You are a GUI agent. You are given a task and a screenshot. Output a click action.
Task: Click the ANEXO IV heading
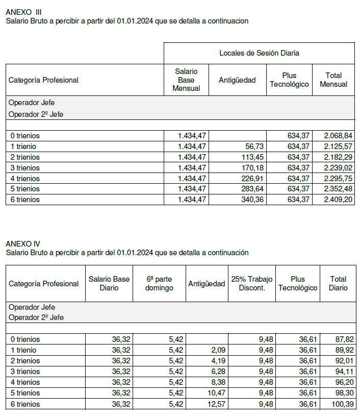click(23, 244)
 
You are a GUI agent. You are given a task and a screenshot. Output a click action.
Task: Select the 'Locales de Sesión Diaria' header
click(259, 53)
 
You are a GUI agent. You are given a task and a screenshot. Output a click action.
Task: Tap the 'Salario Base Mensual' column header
click(186, 80)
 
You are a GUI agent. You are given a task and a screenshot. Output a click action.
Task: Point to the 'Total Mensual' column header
click(333, 80)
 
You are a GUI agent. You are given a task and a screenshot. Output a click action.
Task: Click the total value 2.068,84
click(338, 136)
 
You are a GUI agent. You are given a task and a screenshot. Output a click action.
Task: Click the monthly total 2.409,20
click(338, 200)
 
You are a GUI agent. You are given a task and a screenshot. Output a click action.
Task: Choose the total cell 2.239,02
click(338, 168)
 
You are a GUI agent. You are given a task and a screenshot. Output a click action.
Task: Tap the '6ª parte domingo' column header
click(160, 283)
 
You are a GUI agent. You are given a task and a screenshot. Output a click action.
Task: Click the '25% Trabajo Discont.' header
click(252, 283)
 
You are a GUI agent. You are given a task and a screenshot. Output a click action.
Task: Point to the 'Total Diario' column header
click(338, 283)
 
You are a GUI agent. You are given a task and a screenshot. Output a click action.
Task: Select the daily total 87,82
click(345, 339)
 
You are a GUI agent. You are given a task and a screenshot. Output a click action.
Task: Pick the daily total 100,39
click(343, 404)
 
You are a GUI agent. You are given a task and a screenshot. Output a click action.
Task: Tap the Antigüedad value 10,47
click(216, 393)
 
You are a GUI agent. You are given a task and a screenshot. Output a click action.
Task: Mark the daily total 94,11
click(345, 372)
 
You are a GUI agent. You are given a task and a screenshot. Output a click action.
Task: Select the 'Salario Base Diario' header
click(109, 283)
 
